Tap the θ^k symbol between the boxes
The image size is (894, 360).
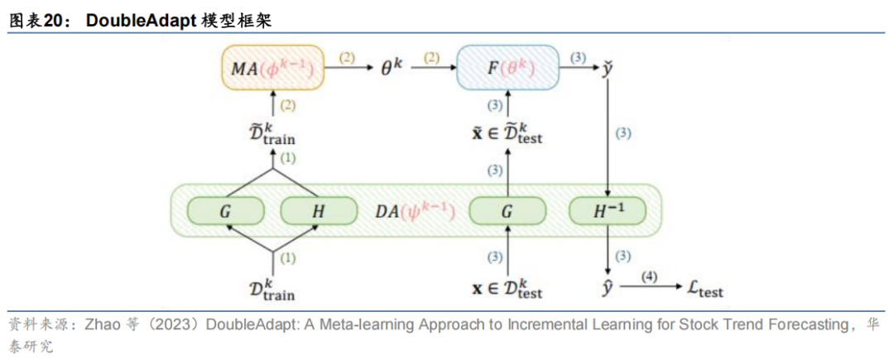[x=390, y=69]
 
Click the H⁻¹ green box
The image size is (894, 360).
[x=608, y=211]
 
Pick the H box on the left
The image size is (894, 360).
[x=319, y=211]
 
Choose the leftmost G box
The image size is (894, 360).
[x=225, y=211]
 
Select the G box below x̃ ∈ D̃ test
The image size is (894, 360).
[x=507, y=211]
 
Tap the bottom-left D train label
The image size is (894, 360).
[x=272, y=289]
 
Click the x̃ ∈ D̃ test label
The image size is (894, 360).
[x=507, y=132]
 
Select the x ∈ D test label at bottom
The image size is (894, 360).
[x=507, y=289]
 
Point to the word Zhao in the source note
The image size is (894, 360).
[x=102, y=324]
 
